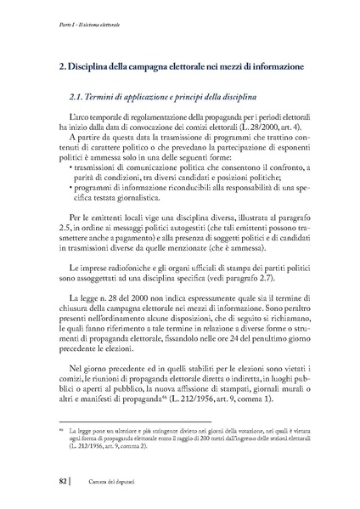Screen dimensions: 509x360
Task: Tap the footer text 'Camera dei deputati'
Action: (x=102, y=484)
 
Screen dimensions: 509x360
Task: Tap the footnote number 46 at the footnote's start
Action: (x=50, y=433)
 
